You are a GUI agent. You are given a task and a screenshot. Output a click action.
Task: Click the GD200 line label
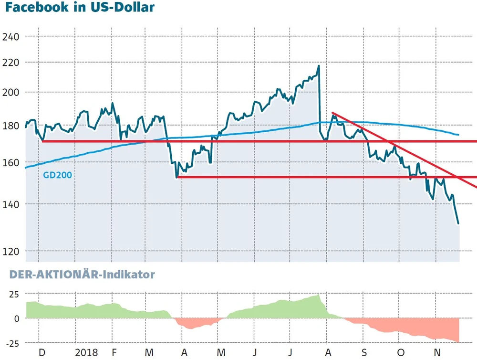click(57, 175)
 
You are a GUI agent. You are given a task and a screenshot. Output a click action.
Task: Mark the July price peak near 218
click(318, 66)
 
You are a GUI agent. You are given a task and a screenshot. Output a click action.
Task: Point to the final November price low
click(458, 223)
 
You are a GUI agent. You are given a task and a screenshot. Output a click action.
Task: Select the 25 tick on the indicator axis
click(13, 294)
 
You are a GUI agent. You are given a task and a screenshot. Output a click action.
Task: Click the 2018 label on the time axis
click(87, 353)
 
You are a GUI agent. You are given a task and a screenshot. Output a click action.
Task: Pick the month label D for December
click(42, 353)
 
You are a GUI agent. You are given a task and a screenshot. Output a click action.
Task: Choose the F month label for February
click(114, 353)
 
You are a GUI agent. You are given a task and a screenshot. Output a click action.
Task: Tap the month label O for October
click(400, 353)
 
